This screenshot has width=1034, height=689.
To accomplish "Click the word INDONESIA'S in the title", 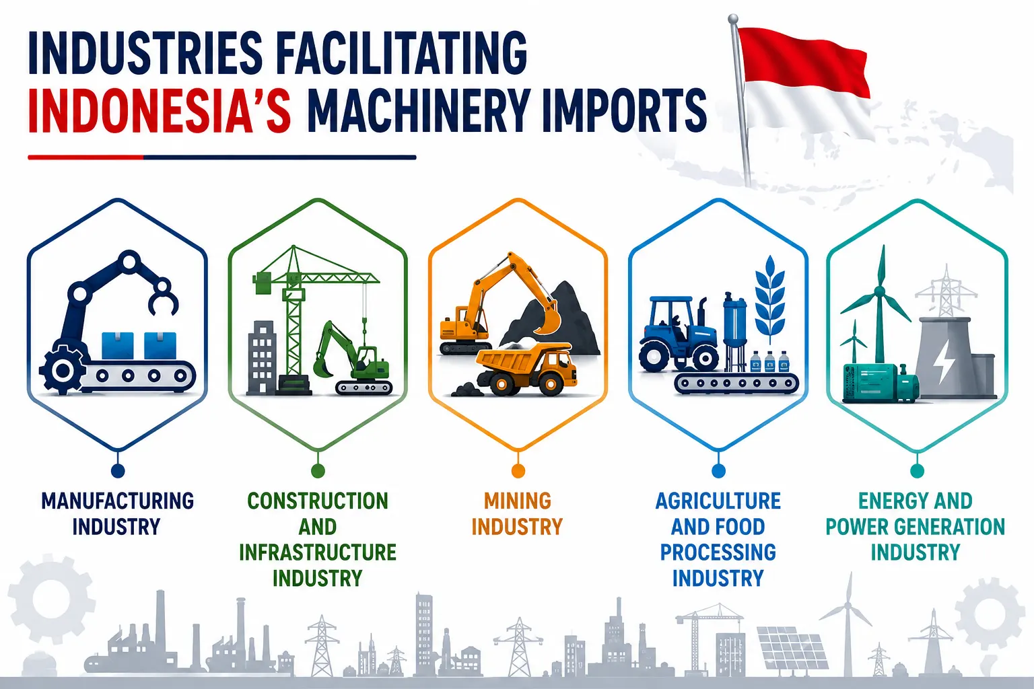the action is point(160,110).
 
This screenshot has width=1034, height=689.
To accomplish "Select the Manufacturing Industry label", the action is point(117,513).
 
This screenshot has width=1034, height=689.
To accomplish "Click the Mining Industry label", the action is point(517,513).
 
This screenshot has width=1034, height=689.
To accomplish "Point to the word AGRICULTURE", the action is point(718,501).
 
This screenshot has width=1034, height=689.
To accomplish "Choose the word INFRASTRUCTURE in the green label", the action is point(318,552).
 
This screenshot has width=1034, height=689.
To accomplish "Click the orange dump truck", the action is point(526,369).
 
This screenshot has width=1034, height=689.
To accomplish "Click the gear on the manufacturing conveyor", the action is point(63,370).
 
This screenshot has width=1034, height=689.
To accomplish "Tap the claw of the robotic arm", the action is point(162,295).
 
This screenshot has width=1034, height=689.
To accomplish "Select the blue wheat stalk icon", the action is point(769,300).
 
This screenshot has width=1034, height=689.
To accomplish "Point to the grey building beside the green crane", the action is point(262,358).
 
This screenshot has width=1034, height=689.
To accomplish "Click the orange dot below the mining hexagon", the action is point(518,471).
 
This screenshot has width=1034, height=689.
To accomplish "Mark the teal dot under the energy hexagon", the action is point(917,471).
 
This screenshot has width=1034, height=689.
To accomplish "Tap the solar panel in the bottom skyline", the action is point(791,647).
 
